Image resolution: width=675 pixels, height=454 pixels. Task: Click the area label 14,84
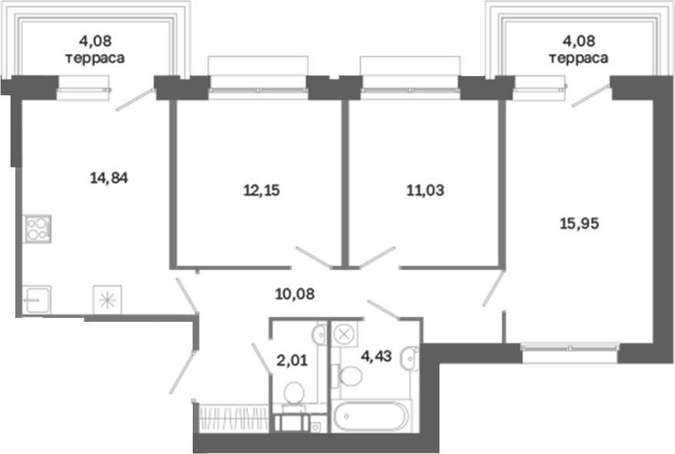[109, 177]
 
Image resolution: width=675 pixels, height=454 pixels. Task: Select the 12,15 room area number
[262, 190]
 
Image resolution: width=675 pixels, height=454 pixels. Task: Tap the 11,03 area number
[425, 190]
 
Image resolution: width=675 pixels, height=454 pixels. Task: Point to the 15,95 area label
[579, 224]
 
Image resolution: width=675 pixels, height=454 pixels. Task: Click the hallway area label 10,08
[295, 294]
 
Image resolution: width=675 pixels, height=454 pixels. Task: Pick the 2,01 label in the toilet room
[293, 360]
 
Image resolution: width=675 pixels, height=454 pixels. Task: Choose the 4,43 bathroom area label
[377, 356]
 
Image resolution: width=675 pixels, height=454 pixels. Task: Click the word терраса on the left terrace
[95, 58]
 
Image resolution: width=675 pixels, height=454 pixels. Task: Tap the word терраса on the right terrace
[578, 58]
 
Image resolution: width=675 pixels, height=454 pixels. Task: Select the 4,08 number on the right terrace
[578, 41]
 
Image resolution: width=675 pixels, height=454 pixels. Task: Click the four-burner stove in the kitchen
[38, 229]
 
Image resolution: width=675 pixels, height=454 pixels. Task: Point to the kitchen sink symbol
[37, 300]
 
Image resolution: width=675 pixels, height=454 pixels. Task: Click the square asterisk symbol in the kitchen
[108, 300]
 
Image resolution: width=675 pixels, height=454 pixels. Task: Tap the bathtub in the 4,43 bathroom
[371, 416]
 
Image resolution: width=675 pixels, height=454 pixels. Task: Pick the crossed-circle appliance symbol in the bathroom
[344, 334]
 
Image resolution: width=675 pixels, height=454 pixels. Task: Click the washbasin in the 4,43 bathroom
[409, 357]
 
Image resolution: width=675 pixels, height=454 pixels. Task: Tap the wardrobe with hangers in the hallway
[233, 418]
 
